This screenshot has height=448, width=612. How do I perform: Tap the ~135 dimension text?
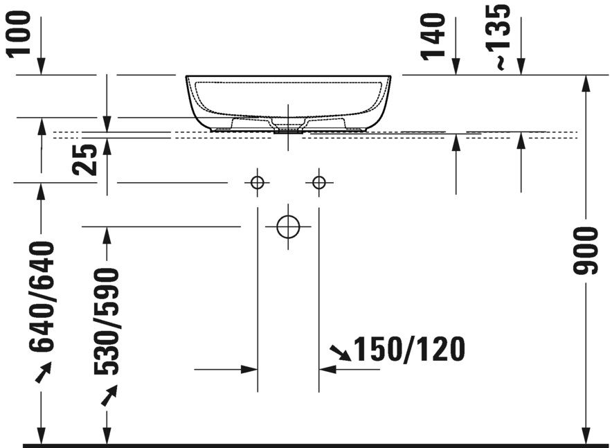click(x=500, y=36)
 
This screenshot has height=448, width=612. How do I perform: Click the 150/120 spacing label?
click(x=409, y=350)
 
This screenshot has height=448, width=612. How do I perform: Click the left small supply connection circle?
click(x=257, y=183)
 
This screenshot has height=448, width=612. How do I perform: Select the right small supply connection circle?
click(x=318, y=183)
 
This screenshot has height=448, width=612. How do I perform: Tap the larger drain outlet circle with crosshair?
click(x=287, y=226)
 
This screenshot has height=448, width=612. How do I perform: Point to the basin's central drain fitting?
click(x=288, y=127)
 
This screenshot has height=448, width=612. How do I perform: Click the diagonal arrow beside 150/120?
click(x=341, y=353)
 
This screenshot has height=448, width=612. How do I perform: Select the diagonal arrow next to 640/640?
click(x=43, y=374)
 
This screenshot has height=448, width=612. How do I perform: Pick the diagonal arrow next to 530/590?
click(x=108, y=396)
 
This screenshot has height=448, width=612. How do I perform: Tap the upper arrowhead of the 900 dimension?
click(x=586, y=82)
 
